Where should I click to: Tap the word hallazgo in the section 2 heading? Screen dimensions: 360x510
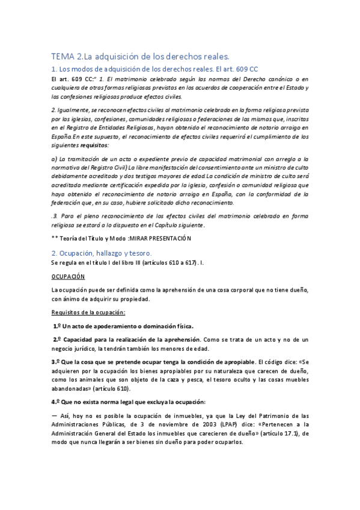[106, 252]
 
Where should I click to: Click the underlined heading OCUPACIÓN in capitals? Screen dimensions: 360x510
[68, 276]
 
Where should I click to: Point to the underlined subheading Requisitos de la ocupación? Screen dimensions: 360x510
[88, 312]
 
